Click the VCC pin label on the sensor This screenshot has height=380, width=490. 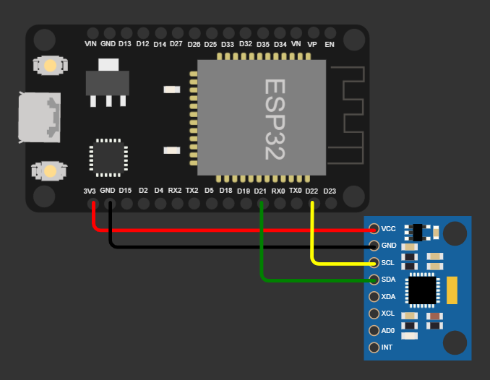pyautogui.click(x=389, y=228)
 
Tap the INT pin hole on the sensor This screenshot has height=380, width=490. pyautogui.click(x=374, y=348)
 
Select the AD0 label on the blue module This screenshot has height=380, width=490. pyautogui.click(x=388, y=331)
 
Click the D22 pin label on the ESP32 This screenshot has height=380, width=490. pyautogui.click(x=311, y=191)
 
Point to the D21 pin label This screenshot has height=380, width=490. pyautogui.click(x=260, y=191)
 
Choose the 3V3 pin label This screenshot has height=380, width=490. pyautogui.click(x=90, y=191)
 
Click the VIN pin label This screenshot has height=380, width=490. pyautogui.click(x=90, y=44)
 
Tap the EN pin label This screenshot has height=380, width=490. pyautogui.click(x=330, y=44)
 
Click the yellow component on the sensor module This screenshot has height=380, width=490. pyautogui.click(x=453, y=290)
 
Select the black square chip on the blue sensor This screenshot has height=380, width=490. pyautogui.click(x=423, y=290)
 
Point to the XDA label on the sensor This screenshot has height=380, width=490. pyautogui.click(x=389, y=297)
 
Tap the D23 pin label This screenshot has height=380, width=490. pyautogui.click(x=330, y=191)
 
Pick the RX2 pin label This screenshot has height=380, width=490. pyautogui.click(x=175, y=191)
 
